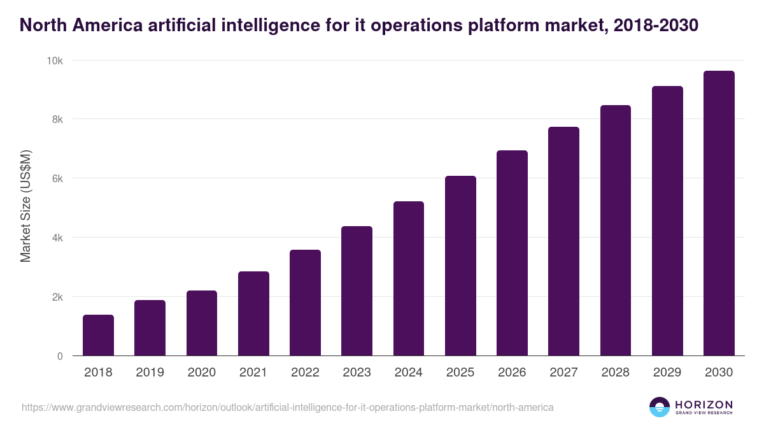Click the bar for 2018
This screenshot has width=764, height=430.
tap(98, 335)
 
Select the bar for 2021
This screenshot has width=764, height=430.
tap(253, 313)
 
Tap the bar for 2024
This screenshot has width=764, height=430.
tap(409, 278)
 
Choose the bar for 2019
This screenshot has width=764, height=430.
tap(150, 327)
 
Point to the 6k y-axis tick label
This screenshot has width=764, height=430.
tap(57, 179)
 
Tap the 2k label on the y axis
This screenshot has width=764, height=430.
tap(57, 297)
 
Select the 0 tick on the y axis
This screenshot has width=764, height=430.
tap(60, 356)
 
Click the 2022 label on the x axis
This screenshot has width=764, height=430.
tap(305, 373)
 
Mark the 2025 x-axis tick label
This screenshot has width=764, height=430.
tap(460, 373)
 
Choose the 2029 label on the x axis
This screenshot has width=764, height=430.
tap(667, 373)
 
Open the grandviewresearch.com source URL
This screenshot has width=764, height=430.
tap(287, 407)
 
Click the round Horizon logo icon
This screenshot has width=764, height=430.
tap(659, 407)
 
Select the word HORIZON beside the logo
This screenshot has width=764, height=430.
tap(704, 404)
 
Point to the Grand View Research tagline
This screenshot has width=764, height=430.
tap(704, 413)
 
